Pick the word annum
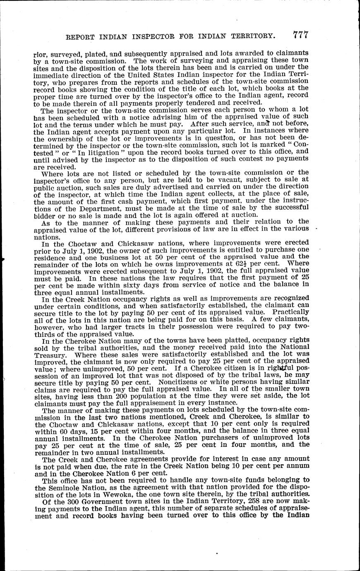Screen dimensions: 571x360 [295, 465]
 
